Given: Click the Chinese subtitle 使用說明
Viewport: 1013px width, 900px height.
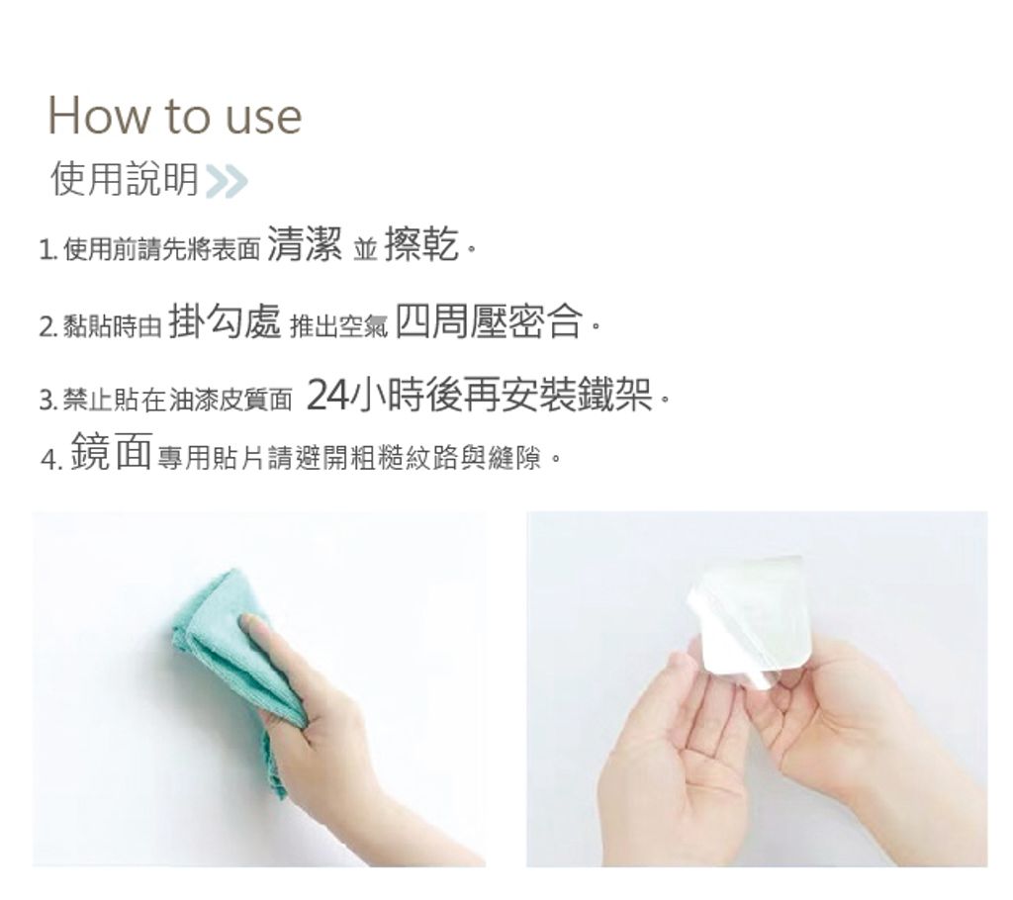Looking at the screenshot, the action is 124,179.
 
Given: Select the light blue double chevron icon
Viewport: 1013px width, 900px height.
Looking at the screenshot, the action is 227,180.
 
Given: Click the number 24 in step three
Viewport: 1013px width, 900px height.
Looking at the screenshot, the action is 328,396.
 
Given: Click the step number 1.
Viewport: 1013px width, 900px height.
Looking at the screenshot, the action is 46,249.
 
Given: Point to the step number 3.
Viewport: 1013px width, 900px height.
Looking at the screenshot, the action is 47,401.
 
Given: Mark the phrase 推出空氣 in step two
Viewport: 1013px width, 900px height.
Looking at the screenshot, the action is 339,327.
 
